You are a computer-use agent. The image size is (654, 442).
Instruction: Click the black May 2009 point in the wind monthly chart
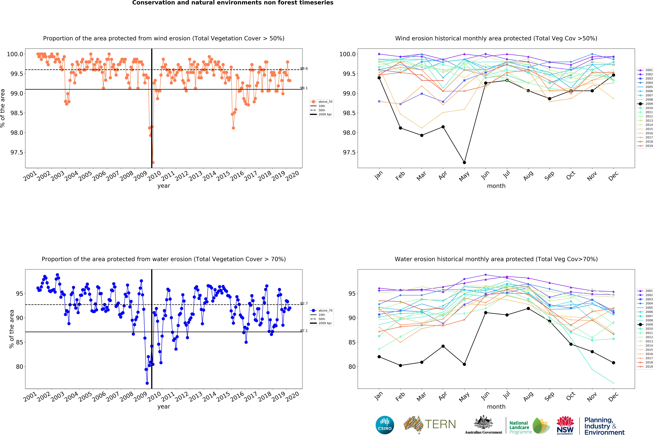click(x=464, y=162)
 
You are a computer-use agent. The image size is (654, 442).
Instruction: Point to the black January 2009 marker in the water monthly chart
click(x=379, y=357)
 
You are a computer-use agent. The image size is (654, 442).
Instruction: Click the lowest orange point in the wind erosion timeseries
click(x=153, y=162)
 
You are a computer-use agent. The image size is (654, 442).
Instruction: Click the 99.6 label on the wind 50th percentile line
click(x=304, y=68)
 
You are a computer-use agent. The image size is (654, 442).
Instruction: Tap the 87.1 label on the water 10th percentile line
click(x=304, y=331)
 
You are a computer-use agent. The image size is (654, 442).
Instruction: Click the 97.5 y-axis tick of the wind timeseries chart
click(x=17, y=152)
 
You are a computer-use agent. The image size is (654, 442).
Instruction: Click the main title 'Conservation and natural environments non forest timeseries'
click(x=233, y=3)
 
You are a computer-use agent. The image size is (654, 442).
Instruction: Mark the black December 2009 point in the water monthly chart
click(x=613, y=363)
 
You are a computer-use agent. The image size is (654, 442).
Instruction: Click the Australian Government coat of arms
click(x=483, y=422)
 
